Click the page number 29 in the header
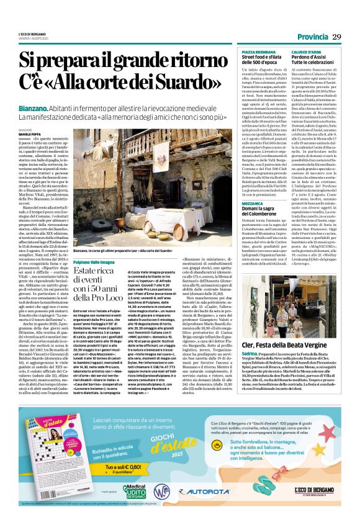[336, 37]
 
